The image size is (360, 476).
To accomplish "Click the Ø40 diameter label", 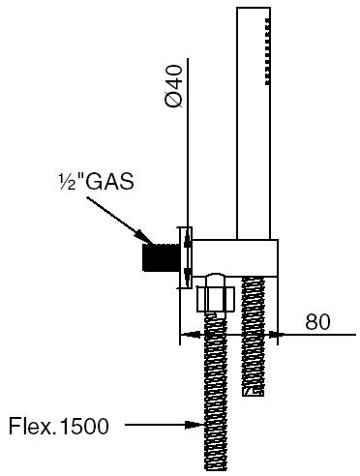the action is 173,86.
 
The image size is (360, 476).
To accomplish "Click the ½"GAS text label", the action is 96,181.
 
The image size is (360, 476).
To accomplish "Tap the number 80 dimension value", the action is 318,321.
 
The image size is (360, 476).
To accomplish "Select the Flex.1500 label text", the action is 59,426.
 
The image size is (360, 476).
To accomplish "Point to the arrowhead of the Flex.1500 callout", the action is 195,425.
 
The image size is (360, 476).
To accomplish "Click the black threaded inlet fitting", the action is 161,257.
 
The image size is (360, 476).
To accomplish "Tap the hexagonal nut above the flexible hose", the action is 216,300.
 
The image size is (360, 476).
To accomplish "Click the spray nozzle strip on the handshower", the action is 268,51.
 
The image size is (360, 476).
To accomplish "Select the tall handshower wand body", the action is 254,123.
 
